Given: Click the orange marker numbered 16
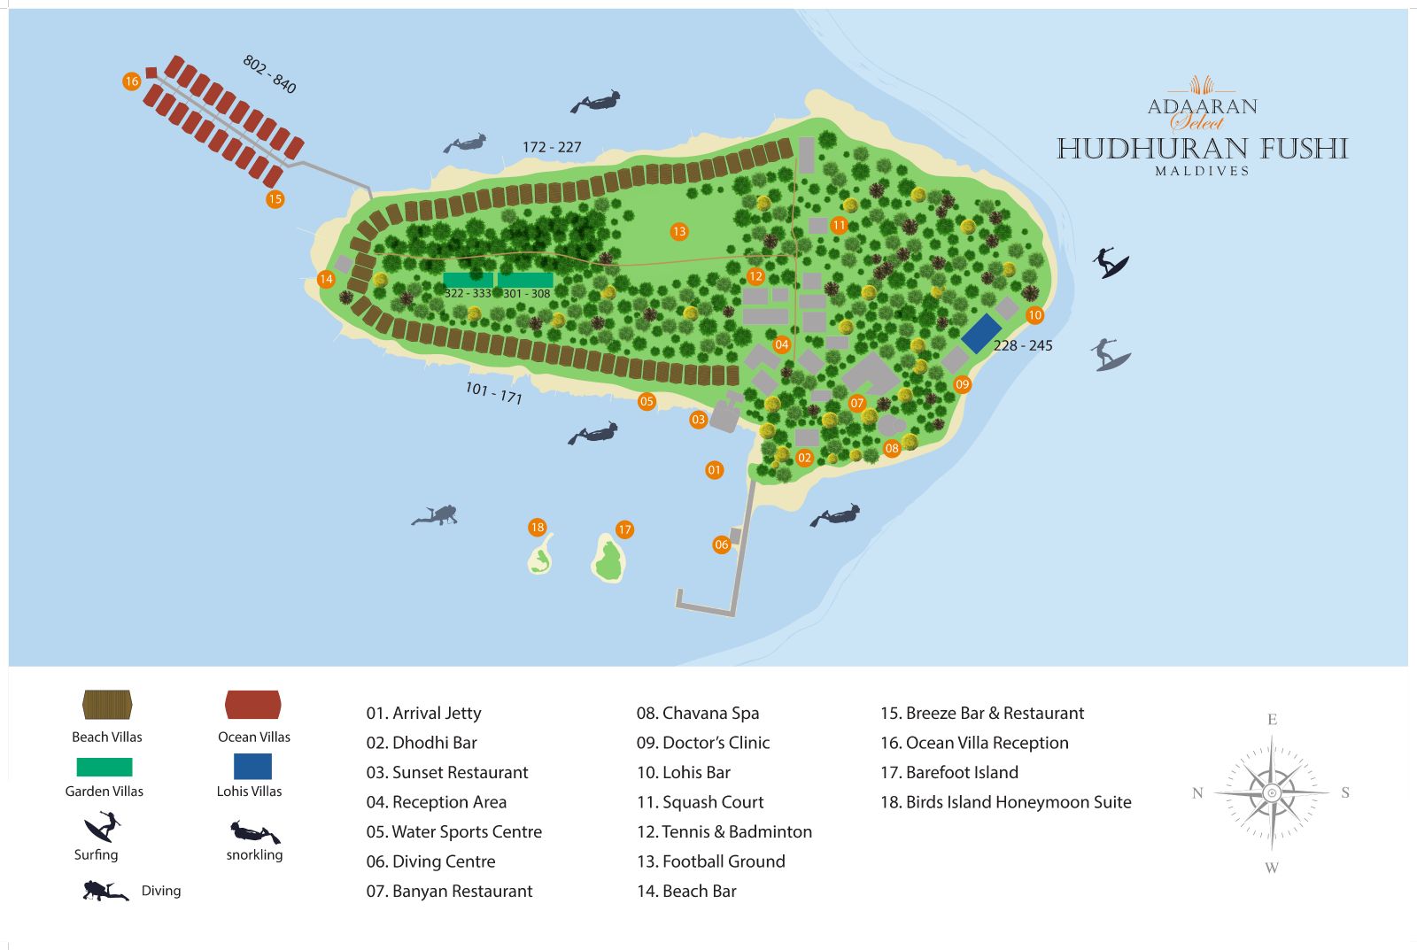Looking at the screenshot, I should click(131, 81).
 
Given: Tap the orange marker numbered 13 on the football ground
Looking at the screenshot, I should click(678, 232).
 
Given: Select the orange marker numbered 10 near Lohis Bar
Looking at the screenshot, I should click(1034, 315).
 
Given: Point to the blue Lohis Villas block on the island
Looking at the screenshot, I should click(981, 333).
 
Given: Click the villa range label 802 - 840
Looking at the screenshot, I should click(269, 74).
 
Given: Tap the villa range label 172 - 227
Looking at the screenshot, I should click(552, 147).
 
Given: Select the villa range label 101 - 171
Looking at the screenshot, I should click(493, 392).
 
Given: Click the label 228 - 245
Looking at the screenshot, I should click(1023, 346).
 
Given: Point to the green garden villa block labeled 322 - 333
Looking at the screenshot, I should click(468, 280).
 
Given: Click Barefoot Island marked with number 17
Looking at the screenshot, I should click(608, 559).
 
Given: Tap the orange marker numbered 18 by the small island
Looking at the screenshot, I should click(537, 528).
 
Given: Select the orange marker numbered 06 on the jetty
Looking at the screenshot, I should click(721, 545).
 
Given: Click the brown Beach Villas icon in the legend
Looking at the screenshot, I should click(107, 706).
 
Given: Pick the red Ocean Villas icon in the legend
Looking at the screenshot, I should click(253, 706).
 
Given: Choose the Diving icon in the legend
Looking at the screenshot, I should click(105, 891).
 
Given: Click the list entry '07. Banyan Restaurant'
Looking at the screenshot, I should click(449, 892).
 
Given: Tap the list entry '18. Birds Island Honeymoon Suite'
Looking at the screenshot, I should click(1005, 802).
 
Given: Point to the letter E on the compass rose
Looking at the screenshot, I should click(1272, 719).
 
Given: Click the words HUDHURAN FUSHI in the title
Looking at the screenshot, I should click(1202, 149).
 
